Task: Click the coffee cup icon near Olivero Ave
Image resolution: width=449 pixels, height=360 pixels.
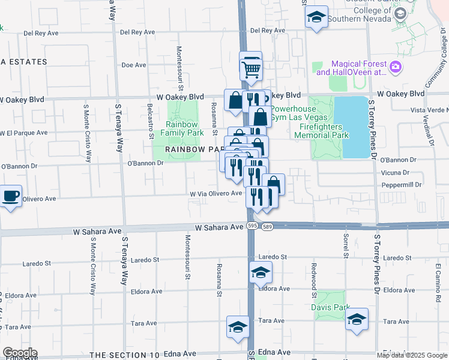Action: (11, 196)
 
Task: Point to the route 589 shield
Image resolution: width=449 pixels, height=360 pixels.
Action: (267, 226)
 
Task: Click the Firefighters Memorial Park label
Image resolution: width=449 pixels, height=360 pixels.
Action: (321, 131)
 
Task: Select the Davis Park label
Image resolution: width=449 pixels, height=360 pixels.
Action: (330, 307)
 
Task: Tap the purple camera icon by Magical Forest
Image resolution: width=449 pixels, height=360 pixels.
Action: (395, 67)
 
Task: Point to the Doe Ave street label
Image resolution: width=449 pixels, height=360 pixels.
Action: (134, 65)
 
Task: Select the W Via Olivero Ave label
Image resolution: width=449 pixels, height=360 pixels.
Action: (216, 194)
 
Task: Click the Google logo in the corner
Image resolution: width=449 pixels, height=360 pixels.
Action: (19, 353)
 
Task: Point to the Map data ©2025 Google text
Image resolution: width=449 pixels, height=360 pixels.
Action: (412, 355)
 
